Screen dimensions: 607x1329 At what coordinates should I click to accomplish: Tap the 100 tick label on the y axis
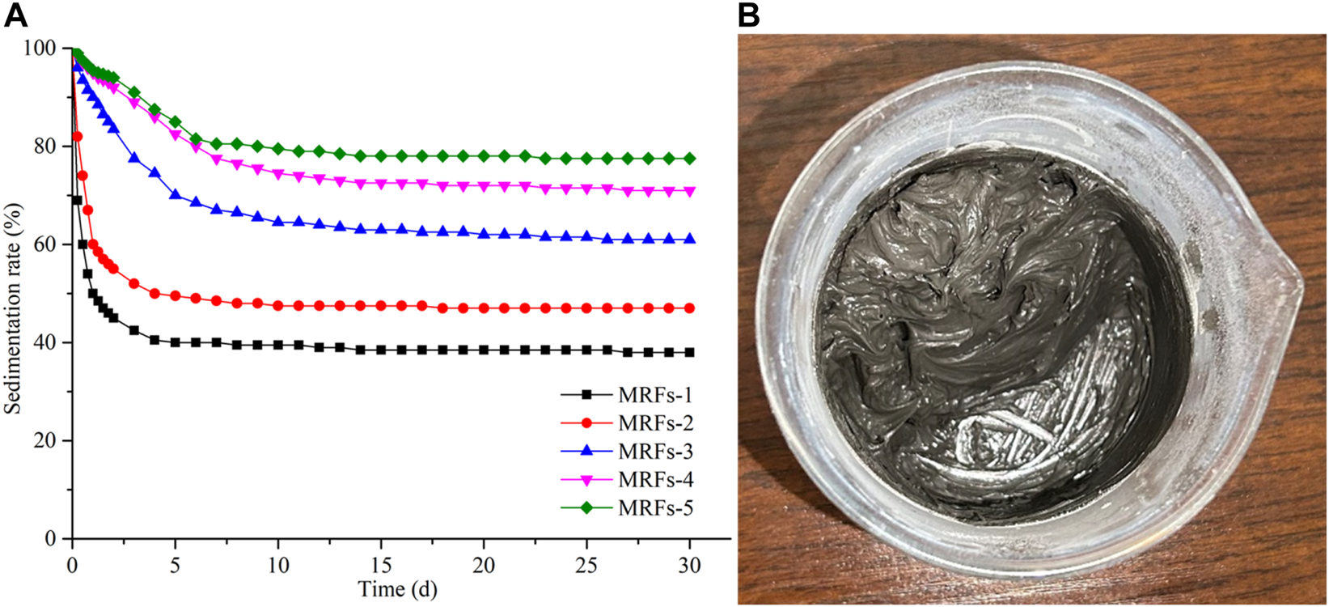pyautogui.click(x=44, y=49)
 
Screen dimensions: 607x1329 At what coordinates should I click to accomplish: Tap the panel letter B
pyautogui.click(x=749, y=15)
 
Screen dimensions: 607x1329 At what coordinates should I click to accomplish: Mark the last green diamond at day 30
pyautogui.click(x=690, y=159)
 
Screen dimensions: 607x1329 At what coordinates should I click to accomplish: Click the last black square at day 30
pyautogui.click(x=690, y=352)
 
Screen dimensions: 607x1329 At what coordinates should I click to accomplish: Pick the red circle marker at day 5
pyautogui.click(x=176, y=296)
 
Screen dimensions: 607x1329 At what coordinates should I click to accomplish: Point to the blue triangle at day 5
pyautogui.click(x=176, y=195)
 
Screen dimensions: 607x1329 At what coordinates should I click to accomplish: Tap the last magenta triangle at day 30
pyautogui.click(x=690, y=192)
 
